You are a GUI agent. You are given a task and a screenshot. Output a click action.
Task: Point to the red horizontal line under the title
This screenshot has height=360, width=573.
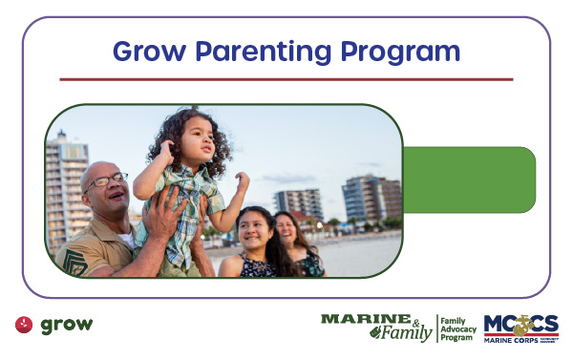pyautogui.click(x=286, y=79)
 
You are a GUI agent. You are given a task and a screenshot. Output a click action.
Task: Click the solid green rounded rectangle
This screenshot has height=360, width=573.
pyautogui.click(x=468, y=180)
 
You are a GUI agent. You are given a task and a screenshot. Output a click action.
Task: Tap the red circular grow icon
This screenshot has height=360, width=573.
pyautogui.click(x=24, y=325)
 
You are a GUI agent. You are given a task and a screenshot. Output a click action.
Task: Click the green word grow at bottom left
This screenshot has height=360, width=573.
pyautogui.click(x=66, y=325)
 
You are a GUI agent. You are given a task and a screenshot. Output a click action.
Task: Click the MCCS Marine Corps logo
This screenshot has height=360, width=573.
pyautogui.click(x=520, y=327)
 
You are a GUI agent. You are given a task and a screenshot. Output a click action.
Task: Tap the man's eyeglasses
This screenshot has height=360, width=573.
pyautogui.click(x=107, y=180)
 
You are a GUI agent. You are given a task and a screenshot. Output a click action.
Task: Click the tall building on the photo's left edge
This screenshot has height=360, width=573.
pyautogui.click(x=65, y=186)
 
